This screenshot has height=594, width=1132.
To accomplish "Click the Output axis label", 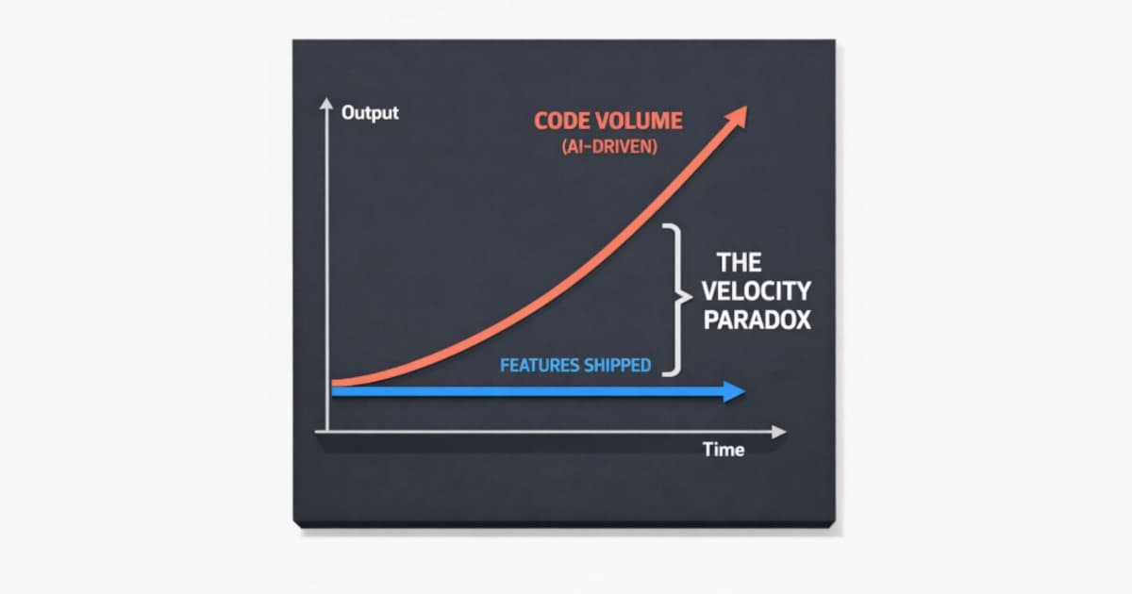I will [370, 112].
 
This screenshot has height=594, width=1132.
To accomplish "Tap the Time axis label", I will [723, 450].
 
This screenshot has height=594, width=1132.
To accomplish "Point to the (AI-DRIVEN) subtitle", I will [595, 148].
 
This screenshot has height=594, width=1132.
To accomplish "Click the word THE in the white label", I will [739, 261].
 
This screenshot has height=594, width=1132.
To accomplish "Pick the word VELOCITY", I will [756, 290].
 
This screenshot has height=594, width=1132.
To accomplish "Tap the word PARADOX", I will [757, 320].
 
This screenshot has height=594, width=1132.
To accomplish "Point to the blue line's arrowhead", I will [735, 392].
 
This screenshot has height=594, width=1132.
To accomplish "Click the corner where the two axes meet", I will [326, 432].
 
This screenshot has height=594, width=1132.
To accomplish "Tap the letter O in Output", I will [348, 112].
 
